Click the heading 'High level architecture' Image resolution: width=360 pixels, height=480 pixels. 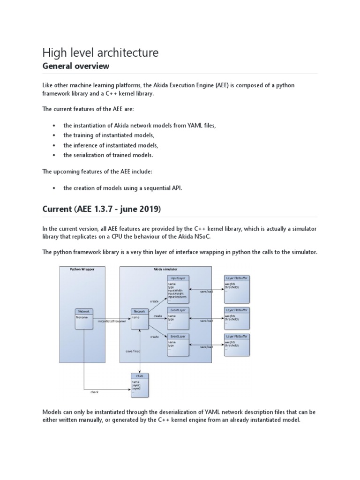click(100, 52)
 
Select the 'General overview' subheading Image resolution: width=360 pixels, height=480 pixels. click(75, 66)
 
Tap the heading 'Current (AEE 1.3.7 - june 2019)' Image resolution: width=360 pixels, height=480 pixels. click(101, 210)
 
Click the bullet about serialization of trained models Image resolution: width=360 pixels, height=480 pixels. click(108, 155)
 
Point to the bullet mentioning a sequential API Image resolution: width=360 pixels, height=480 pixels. click(122, 188)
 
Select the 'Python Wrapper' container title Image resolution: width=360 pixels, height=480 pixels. click(82, 270)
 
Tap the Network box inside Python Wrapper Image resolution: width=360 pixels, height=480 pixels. click(84, 311)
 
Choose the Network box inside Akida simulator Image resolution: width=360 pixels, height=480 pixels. click(140, 311)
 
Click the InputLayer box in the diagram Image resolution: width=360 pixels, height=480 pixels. click(178, 278)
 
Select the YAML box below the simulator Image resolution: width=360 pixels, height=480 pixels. click(140, 376)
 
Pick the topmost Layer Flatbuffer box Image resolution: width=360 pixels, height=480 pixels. click(237, 278)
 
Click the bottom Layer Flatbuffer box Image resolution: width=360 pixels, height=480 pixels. click(237, 337)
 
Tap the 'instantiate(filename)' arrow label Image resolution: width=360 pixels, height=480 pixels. click(112, 321)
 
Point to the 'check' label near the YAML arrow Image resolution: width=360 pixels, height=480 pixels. click(94, 392)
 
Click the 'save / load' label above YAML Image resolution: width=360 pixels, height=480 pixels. click(133, 351)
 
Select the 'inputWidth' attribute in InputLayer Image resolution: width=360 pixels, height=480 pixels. click(175, 291)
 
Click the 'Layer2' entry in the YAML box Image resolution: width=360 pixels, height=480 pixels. click(136, 389)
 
